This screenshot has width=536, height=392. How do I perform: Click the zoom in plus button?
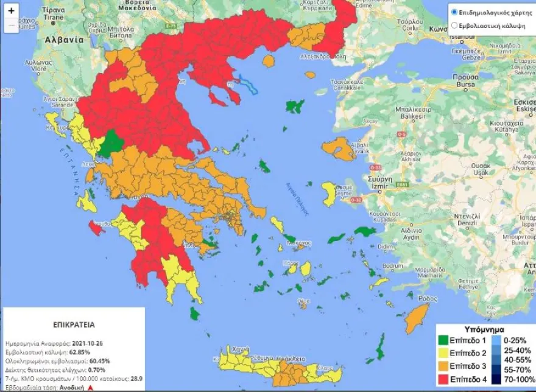[11, 10]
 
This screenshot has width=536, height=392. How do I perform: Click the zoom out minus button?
[11, 26]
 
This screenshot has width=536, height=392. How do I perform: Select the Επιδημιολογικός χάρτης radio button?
[454, 12]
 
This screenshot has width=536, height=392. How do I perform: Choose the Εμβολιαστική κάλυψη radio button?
[454, 26]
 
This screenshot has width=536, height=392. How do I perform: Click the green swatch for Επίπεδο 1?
[446, 340]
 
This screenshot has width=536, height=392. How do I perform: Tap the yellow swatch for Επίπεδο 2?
[446, 352]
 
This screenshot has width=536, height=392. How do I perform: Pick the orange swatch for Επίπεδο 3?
[446, 365]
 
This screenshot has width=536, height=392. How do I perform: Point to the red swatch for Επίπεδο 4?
[446, 378]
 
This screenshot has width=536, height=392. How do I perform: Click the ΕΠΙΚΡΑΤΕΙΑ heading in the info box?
[74, 324]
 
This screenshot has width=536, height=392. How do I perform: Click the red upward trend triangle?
[90, 387]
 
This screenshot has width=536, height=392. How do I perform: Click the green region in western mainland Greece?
[112, 144]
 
